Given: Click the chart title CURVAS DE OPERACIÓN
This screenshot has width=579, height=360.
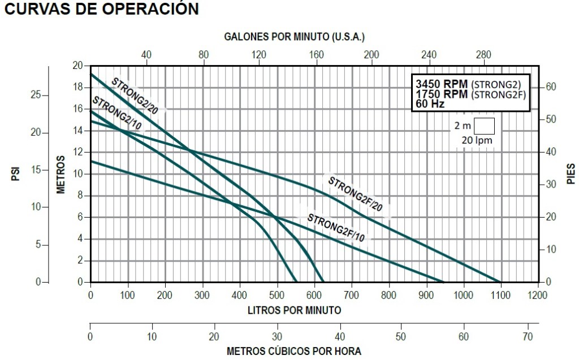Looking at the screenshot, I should click(101, 9).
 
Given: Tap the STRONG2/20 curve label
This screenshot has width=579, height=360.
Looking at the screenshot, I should click(134, 93).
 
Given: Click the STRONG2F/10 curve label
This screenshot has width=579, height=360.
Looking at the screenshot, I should click(335, 227).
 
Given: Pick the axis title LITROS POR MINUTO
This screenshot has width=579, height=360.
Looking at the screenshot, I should click(294, 310).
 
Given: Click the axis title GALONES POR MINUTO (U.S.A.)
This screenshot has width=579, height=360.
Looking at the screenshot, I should click(295, 37).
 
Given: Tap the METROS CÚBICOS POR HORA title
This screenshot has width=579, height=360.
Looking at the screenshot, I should click(294, 351).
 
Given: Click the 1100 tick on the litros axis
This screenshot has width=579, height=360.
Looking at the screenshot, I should click(500, 294).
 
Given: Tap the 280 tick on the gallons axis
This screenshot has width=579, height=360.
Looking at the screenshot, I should click(483, 55).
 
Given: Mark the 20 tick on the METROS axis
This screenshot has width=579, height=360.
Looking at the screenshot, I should click(77, 66).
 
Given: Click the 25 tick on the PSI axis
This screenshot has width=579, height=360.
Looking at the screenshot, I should click(36, 95).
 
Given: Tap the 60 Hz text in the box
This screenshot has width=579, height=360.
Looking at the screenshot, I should click(430, 104).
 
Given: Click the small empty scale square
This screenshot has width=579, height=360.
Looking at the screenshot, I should click(484, 125).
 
